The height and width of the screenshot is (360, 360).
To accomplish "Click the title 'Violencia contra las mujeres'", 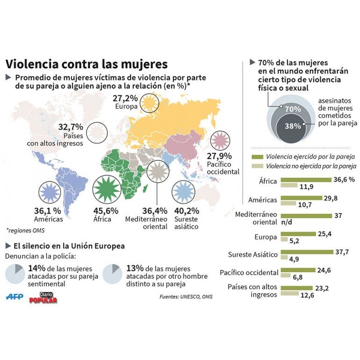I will point(86,64).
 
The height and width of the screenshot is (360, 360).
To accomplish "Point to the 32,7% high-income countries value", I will point(71,127).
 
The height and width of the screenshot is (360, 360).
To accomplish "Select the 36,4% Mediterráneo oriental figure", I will point(155,211).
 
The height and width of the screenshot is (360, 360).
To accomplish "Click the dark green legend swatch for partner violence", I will point(257,157).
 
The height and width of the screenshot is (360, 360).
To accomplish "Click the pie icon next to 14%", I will point(14,274).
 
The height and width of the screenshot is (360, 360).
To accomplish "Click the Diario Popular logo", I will point(43,297).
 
